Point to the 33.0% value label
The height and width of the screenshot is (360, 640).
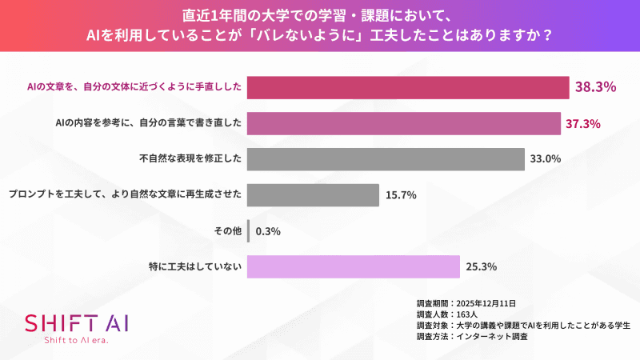click(x=546, y=158)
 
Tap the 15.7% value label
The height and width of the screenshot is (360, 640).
click(x=400, y=194)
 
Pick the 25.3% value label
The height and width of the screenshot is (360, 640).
click(x=482, y=266)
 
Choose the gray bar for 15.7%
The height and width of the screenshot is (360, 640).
click(x=313, y=194)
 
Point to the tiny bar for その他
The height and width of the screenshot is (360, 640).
click(x=249, y=231)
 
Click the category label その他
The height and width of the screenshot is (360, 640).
click(x=227, y=231)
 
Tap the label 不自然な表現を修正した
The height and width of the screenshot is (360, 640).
click(x=190, y=158)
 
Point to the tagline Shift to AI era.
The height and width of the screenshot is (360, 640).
click(x=76, y=342)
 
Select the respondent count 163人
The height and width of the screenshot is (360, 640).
click(x=469, y=314)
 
